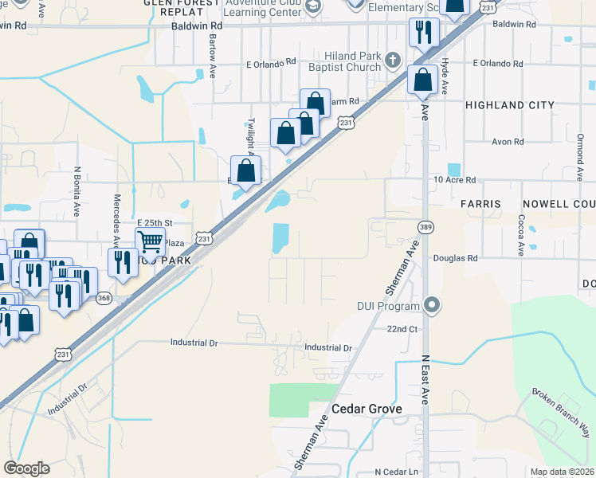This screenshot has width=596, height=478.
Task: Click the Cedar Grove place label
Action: point(367,409)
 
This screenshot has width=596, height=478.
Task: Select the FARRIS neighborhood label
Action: point(481,204)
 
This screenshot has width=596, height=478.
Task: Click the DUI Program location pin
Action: point(432,304)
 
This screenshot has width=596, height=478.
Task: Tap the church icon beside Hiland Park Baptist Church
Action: point(392,61)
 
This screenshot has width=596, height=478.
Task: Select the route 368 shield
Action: point(104,298)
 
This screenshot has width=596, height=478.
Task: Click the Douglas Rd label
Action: point(455,259)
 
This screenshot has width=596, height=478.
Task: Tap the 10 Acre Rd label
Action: point(454,181)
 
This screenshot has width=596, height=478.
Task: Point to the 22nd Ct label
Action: point(402,328)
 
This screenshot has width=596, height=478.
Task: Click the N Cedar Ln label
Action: point(396,472)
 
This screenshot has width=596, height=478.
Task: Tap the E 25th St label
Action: point(154,222)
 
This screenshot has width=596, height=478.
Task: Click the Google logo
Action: point(26,468)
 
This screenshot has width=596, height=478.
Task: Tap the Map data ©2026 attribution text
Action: point(563,472)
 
